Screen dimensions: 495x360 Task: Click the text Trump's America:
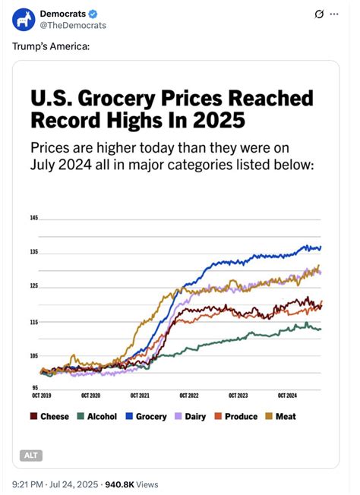click(51, 47)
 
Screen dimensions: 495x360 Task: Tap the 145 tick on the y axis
click(34, 219)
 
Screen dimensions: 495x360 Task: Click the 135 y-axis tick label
click(34, 251)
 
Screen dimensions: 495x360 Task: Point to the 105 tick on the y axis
click(34, 355)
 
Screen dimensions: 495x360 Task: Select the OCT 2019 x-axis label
click(42, 396)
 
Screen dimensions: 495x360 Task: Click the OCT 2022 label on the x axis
click(189, 396)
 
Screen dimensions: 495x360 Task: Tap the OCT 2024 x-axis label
click(287, 396)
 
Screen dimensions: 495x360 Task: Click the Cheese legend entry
click(49, 416)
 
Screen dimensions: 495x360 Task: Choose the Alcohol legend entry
click(96, 416)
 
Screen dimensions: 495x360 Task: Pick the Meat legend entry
click(279, 416)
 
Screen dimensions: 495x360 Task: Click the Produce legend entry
click(235, 416)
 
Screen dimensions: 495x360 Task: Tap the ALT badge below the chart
click(31, 456)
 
